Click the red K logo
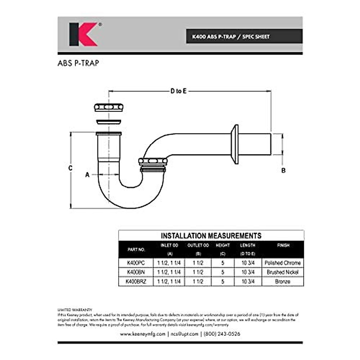tap(83, 34)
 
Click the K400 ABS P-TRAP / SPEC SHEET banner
tap(231, 37)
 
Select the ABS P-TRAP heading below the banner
tap(78, 63)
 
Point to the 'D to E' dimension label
tap(178, 91)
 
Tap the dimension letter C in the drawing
tap(70, 168)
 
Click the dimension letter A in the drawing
tap(87, 175)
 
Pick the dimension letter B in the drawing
tap(283, 170)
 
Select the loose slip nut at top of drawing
tap(109, 107)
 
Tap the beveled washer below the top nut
tap(109, 122)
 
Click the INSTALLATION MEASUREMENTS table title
tap(211, 235)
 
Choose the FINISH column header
tap(283, 246)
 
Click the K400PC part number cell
tap(136, 263)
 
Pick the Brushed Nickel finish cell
tap(283, 272)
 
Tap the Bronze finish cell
tap(283, 282)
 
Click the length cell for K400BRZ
tap(248, 282)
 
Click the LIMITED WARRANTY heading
tap(75, 310)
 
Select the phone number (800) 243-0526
tap(222, 334)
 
